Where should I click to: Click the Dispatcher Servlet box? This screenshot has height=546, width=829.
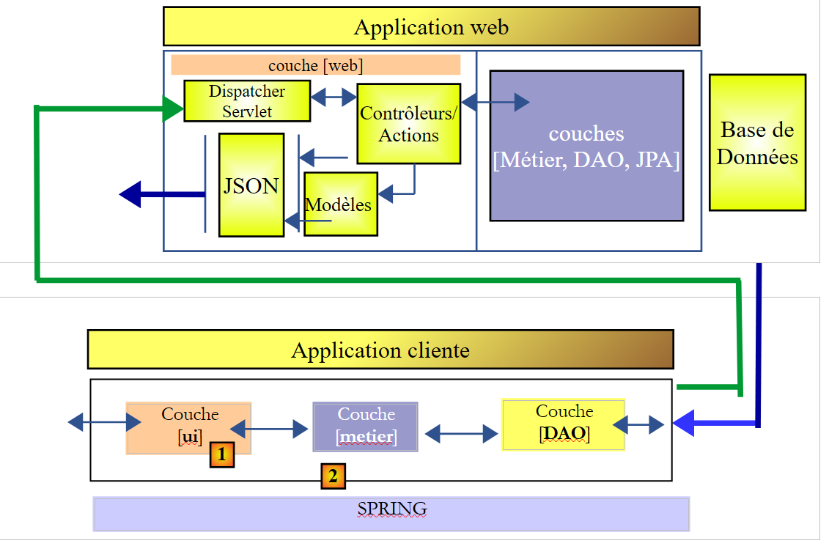[246, 101]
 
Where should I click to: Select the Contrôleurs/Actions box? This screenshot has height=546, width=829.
[408, 124]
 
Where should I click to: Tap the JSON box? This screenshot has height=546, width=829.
[251, 185]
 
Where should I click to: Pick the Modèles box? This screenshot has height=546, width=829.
[340, 204]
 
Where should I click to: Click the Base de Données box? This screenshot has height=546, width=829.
[757, 142]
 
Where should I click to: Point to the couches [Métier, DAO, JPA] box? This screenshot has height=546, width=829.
[586, 146]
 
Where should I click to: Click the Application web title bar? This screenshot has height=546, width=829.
[431, 27]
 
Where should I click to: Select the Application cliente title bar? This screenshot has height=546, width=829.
[380, 350]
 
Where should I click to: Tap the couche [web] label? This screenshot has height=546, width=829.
[315, 65]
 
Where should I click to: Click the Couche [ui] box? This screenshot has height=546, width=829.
[189, 426]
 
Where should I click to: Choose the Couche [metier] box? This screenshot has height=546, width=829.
[365, 427]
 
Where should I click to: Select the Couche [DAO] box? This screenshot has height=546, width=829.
[563, 424]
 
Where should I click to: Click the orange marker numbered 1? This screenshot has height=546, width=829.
[222, 455]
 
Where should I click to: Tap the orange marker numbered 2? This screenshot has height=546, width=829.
[333, 476]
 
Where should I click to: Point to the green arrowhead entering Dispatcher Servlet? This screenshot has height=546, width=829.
[173, 110]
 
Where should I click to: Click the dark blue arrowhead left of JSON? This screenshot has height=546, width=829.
[130, 194]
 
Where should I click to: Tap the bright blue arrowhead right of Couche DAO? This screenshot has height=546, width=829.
[683, 423]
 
